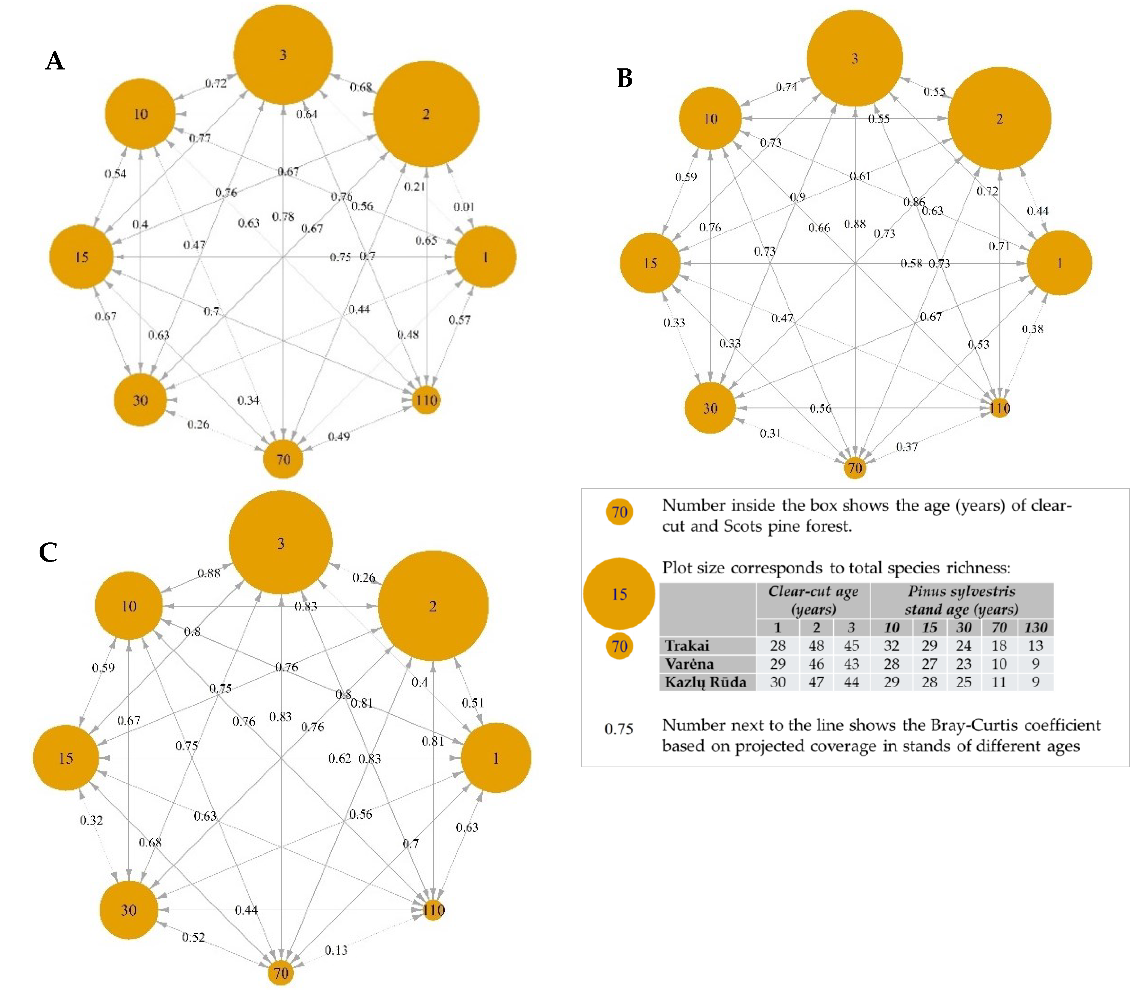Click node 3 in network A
pos(283,54)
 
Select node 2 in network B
pos(999,119)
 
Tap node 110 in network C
pos(433,910)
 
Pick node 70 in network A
pos(284,459)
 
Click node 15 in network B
pos(650,263)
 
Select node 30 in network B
pos(710,408)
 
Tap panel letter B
pos(625,78)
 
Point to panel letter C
pos(48,552)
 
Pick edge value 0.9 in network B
pos(797,197)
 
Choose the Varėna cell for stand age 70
pos(999,664)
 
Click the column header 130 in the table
pos(1035,628)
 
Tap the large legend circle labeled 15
pos(619,594)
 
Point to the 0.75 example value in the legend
pos(619,729)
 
